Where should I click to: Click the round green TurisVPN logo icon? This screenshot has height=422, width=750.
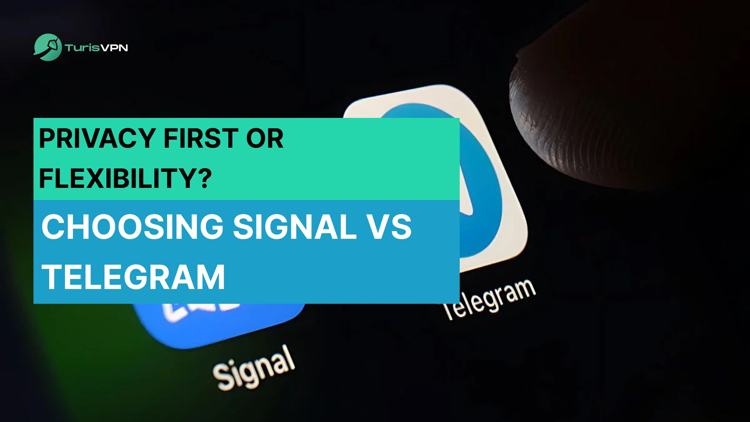[48, 47]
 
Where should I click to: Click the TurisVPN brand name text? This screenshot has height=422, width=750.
[97, 48]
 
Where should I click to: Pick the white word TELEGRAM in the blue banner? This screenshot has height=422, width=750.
[133, 277]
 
